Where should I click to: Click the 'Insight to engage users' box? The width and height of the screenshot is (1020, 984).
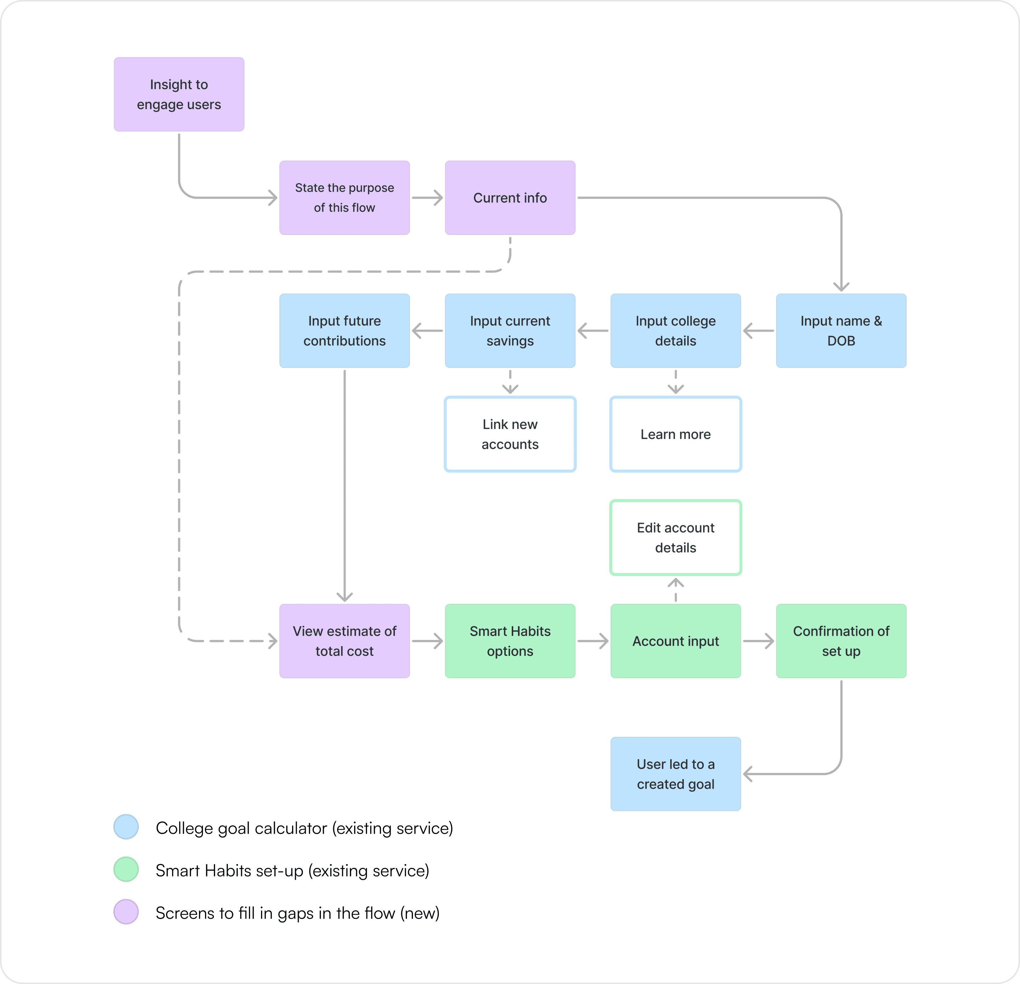[x=179, y=94]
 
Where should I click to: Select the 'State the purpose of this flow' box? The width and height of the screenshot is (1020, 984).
[x=345, y=198]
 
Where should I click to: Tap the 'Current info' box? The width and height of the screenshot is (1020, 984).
[x=510, y=198]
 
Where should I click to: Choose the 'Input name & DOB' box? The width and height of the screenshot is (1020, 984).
[x=841, y=331]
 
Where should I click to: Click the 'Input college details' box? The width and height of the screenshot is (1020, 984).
[x=675, y=331]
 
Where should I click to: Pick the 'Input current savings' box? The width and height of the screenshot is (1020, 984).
[x=510, y=331]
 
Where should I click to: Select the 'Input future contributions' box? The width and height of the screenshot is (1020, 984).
[x=345, y=331]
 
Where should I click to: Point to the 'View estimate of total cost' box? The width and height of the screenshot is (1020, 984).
[x=345, y=641]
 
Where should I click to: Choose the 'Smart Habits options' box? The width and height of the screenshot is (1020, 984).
[x=510, y=641]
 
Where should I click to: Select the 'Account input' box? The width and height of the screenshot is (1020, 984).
[x=675, y=641]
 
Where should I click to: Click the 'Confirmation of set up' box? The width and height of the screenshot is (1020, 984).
[x=841, y=641]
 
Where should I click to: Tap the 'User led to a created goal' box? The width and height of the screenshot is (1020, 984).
[x=675, y=774]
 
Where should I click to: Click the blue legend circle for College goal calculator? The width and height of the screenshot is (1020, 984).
[x=126, y=827]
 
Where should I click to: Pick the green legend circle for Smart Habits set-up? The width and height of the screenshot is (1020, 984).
[x=126, y=869]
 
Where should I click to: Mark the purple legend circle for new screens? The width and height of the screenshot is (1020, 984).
[x=126, y=912]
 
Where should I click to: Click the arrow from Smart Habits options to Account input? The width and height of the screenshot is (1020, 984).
[x=593, y=641]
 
